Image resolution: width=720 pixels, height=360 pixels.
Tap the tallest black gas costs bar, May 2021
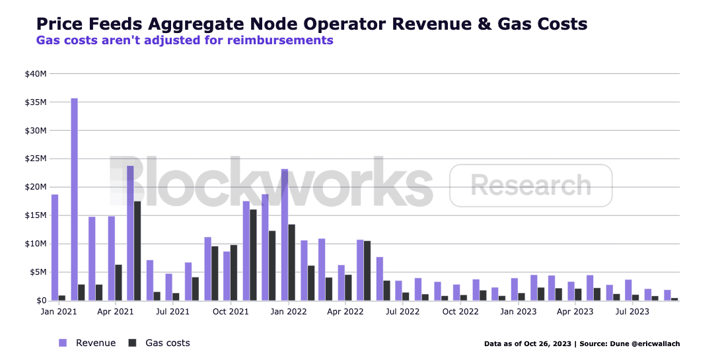[137, 251]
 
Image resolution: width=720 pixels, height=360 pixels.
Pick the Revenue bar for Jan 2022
[285, 235]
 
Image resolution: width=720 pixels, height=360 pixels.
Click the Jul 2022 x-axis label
[401, 310]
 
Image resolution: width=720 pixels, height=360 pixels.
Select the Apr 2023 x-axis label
[575, 310]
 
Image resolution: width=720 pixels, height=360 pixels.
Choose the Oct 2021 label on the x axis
[231, 310]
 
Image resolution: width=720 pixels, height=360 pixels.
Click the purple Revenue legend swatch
[63, 343]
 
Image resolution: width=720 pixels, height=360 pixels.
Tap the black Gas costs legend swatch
[132, 343]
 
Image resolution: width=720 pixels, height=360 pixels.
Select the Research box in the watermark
[530, 186]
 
